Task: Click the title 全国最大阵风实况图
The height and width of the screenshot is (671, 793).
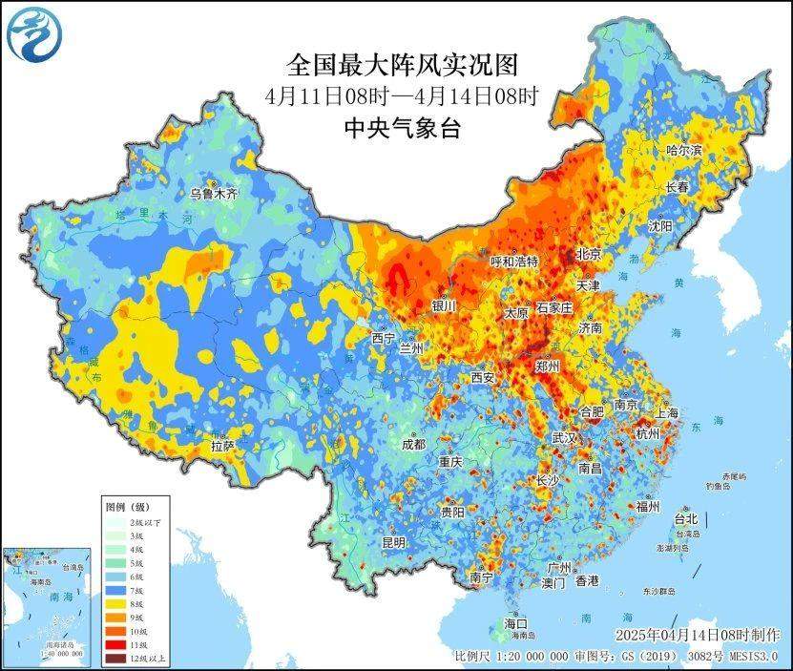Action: click(402, 65)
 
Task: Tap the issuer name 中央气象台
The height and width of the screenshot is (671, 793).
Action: click(402, 128)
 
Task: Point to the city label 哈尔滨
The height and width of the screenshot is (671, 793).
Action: click(683, 150)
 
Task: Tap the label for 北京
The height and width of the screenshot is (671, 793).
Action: click(589, 255)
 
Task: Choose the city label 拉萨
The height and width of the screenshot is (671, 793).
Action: click(222, 446)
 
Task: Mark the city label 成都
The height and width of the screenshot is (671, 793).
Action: click(413, 444)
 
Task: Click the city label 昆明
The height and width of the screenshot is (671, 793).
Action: click(393, 542)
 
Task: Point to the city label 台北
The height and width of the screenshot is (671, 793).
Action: click(686, 519)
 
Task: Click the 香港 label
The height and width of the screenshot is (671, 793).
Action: click(586, 580)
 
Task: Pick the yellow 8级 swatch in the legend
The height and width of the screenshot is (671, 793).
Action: click(116, 603)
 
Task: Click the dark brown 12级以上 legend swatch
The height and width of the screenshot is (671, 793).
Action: click(116, 658)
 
